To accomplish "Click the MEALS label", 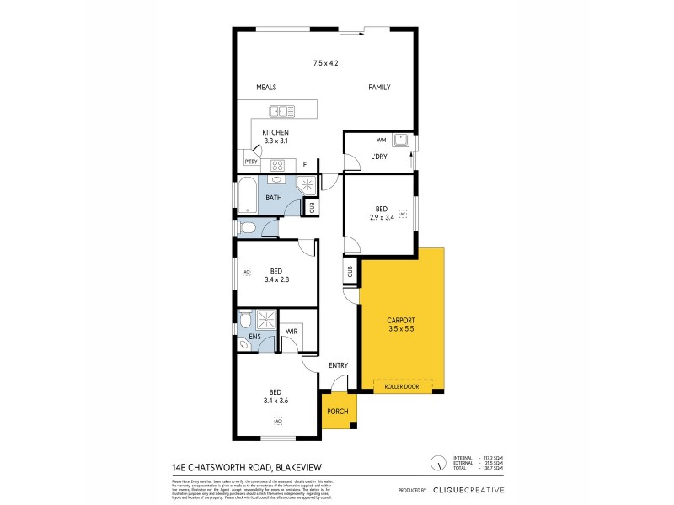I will [266, 88].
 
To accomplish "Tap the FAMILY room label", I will [378, 88].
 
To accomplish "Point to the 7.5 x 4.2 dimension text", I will [325, 64].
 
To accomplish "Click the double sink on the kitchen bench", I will [280, 110].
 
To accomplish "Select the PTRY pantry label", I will [250, 162].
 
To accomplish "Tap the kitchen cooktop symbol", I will [278, 165].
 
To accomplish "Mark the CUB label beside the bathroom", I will [311, 206].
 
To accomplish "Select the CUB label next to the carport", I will [349, 272].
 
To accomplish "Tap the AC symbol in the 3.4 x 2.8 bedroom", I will [246, 272].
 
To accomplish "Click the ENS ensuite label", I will [254, 337].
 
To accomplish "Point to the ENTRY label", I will [338, 365].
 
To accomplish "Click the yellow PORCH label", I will [337, 412].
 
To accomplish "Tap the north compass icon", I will [437, 463].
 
